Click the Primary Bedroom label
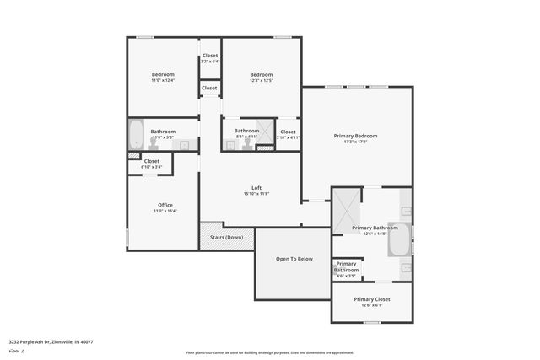(354, 136)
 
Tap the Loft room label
(256, 187)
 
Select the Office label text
(165, 205)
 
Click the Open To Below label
(294, 258)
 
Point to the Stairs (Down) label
(226, 238)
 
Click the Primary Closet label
(371, 299)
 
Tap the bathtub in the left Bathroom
(137, 134)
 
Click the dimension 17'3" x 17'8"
(354, 142)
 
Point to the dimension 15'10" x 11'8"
(256, 194)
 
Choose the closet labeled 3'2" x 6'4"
(209, 58)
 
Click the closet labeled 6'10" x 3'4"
(152, 164)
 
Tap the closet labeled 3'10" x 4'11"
(288, 134)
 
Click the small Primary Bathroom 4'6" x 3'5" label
(346, 267)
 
